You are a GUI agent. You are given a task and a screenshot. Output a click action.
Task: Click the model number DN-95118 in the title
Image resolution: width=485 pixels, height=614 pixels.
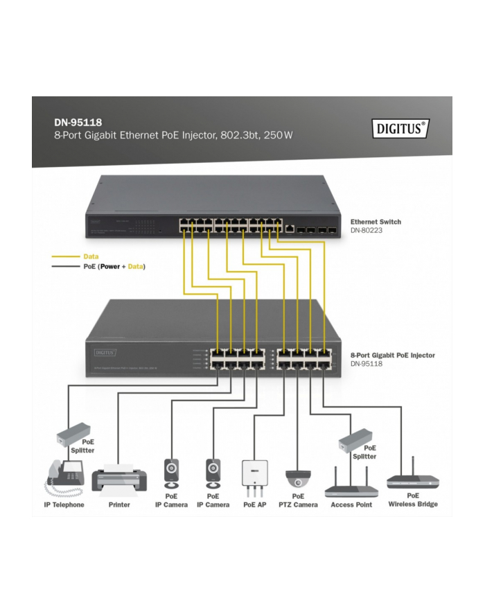[73, 122]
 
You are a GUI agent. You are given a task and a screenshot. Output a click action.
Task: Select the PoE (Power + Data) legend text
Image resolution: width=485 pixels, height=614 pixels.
[114, 266]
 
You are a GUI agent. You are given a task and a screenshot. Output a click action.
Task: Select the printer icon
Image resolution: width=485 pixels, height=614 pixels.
[119, 478]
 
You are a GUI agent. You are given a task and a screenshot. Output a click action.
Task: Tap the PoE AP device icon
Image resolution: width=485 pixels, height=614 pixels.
[254, 474]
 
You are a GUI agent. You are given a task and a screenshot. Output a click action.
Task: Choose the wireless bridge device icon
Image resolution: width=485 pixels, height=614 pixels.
[412, 478]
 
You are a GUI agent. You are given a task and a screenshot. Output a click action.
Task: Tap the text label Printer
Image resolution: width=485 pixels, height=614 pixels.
[119, 505]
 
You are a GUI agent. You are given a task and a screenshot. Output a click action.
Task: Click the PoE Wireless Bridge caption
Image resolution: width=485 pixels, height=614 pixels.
[413, 500]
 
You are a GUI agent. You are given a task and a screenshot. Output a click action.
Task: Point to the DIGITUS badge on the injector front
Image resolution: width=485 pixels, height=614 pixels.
[105, 353]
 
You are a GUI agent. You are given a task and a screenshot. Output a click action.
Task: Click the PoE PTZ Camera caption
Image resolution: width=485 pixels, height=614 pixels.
[298, 500]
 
